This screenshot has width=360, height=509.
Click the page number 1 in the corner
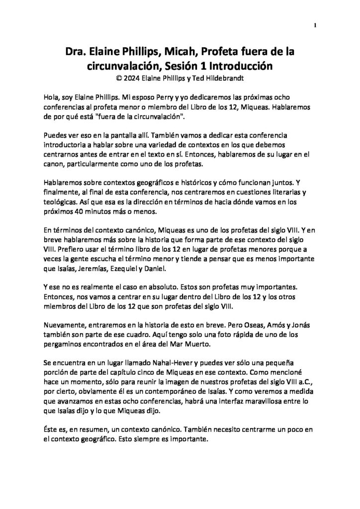pyautogui.click(x=315, y=25)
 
